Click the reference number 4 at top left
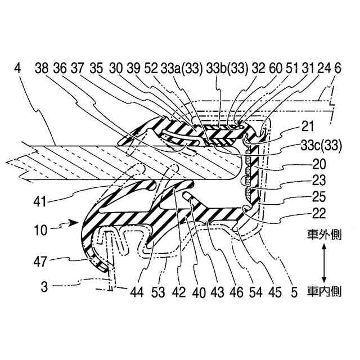click(x=18, y=69)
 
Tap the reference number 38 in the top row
click(x=41, y=69)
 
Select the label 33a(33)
click(x=179, y=69)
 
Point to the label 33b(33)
click(x=227, y=69)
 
